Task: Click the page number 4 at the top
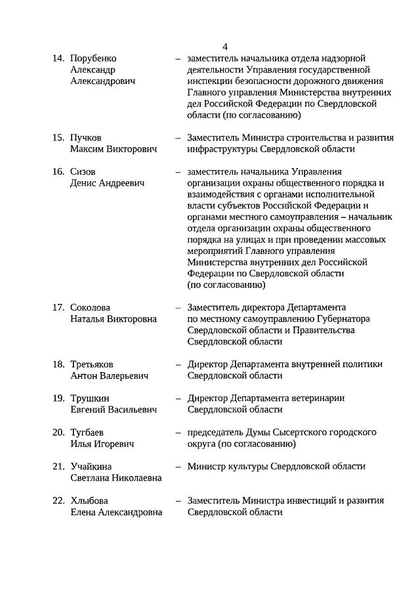tap(225, 47)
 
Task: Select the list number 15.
tap(58, 138)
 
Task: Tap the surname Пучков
tap(86, 138)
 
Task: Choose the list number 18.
tap(58, 364)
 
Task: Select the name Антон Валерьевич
tap(109, 376)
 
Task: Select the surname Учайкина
tap(91, 467)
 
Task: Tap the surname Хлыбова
tap(89, 501)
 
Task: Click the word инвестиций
tap(316, 501)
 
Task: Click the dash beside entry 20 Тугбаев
tap(178, 433)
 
